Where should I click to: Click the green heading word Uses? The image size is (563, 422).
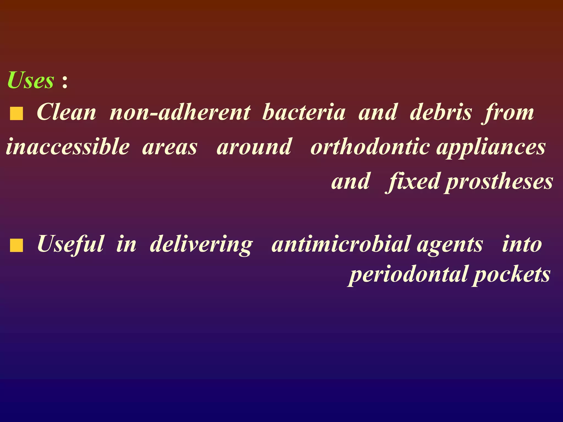31,80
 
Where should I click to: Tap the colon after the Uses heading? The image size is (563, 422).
65,82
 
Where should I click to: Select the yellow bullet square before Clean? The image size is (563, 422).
16,114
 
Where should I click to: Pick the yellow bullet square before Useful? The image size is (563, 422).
16,245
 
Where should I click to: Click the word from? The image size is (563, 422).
509,113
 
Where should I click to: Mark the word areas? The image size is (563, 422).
170,147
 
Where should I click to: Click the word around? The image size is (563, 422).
254,147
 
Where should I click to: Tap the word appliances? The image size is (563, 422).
491,147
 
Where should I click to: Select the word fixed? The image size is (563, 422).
413,181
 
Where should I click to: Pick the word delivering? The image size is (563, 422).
201,244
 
